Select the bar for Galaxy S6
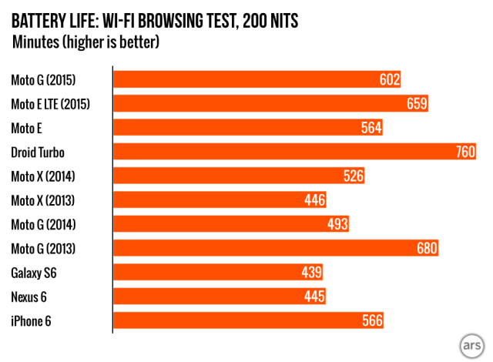coord(218,273)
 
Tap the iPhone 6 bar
coord(248,320)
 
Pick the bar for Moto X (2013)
coord(220,200)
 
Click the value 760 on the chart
coord(465,153)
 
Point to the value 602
coord(390,80)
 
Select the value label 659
coord(417,104)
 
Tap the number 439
coord(311,273)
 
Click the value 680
coord(427,248)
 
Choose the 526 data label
coord(353,176)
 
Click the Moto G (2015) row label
coord(43,80)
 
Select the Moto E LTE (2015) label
coord(51,104)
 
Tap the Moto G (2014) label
coord(43,224)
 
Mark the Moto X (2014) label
coord(43,176)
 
